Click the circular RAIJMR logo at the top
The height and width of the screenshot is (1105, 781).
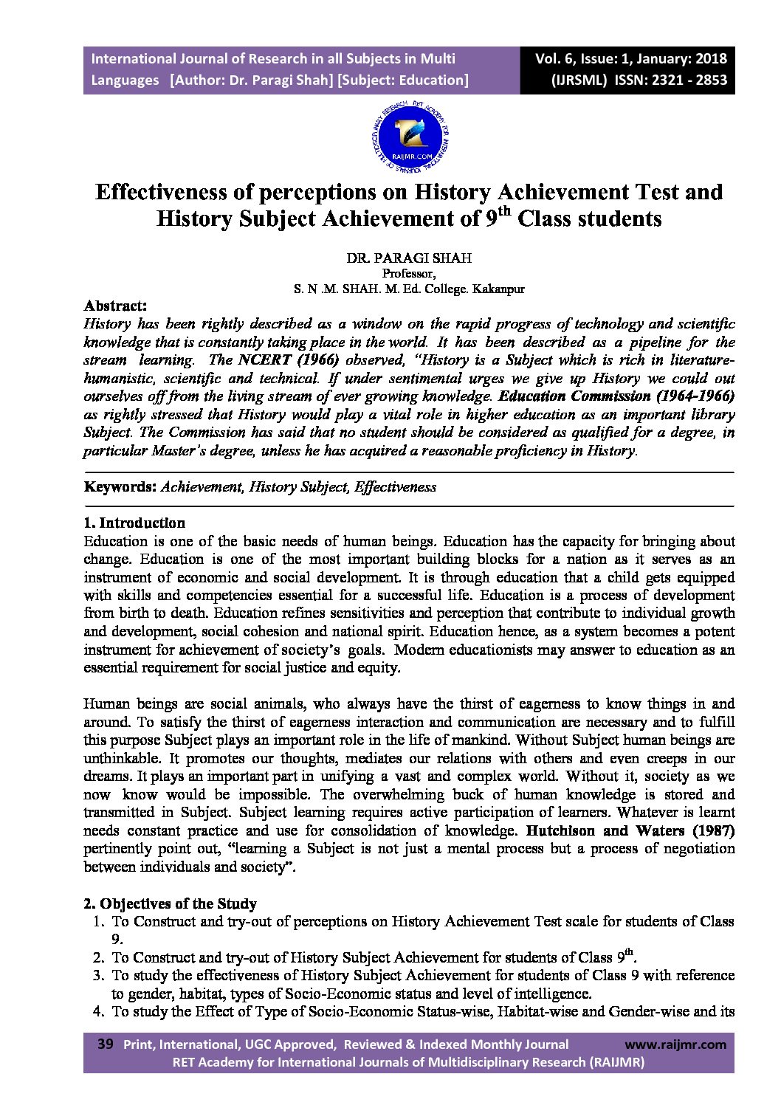coord(408,137)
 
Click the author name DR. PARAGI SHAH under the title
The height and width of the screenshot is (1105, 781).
coord(409,259)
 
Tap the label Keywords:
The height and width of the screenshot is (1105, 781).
coord(120,487)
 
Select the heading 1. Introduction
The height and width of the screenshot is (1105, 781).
coord(134,523)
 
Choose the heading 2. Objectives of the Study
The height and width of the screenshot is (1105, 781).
coord(171,903)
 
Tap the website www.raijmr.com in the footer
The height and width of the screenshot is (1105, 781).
coord(675,1044)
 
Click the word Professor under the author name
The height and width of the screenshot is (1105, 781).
coord(408,274)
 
